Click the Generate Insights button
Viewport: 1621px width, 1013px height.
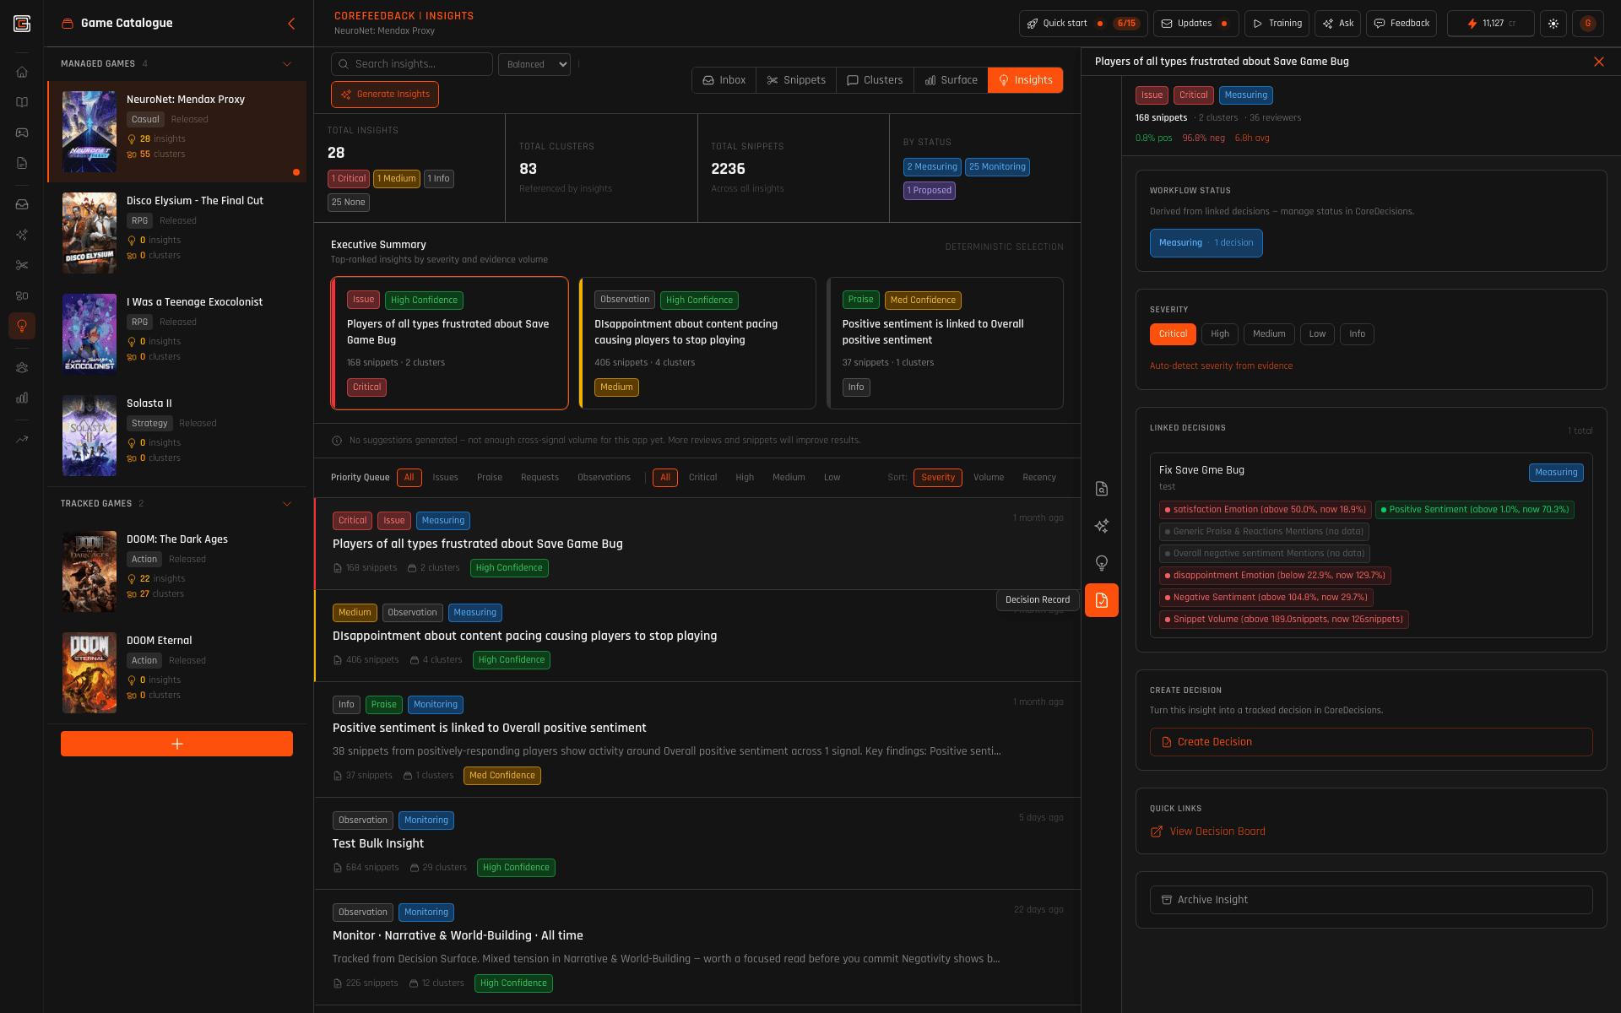coord(385,95)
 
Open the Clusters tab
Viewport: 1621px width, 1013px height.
coord(875,80)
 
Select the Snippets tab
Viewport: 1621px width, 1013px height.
coord(796,80)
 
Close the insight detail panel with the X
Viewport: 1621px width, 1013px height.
coord(1598,62)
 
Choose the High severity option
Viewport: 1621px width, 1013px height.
coord(1219,334)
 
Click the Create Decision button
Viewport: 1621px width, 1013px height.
coord(1370,742)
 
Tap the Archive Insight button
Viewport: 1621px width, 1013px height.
coord(1370,900)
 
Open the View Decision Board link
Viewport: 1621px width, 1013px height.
coord(1217,832)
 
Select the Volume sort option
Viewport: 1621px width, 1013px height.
coord(988,478)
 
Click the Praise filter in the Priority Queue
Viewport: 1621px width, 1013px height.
coord(489,478)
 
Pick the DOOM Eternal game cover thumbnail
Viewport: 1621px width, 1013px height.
coord(89,673)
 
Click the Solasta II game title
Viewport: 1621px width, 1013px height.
coord(149,404)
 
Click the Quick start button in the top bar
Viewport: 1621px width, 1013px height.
coord(1064,24)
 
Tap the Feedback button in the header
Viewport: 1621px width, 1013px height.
coord(1401,24)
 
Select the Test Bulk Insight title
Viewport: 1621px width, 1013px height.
coord(378,843)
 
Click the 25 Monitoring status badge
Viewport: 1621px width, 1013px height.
coord(997,167)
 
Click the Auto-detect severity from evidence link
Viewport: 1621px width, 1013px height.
coord(1221,366)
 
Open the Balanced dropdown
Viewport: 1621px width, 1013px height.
coord(534,64)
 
